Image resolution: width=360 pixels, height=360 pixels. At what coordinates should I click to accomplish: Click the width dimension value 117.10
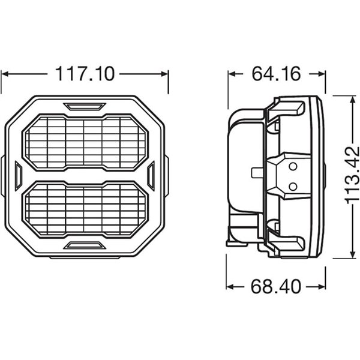pos(84,74)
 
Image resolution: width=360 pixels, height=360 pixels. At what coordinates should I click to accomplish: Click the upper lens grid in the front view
pos(85,142)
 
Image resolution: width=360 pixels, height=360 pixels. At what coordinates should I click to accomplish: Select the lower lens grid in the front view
pos(85,208)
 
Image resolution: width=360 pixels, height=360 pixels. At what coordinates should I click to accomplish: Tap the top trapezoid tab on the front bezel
pos(85,107)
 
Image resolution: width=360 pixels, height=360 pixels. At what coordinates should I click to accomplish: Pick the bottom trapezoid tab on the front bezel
pos(85,244)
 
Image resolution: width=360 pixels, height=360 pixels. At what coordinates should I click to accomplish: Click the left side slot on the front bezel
pos(18,175)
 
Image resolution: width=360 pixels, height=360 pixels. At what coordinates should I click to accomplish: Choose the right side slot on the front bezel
pos(151,175)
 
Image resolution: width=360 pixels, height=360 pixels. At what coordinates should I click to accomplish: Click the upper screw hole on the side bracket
pos(292,166)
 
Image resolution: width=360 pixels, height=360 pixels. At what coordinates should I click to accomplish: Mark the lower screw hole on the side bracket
pos(292,186)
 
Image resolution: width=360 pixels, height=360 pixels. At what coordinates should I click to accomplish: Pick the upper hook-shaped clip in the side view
pos(288,111)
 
